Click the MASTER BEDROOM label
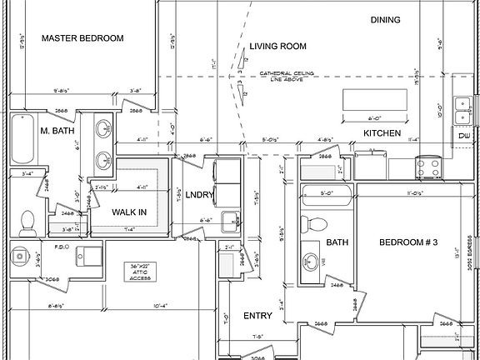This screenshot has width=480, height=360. (x=82, y=38)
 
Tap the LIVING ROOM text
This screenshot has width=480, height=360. (x=277, y=47)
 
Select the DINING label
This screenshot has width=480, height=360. (x=385, y=20)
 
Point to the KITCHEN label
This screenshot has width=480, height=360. (x=382, y=133)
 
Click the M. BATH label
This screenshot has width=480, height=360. (x=57, y=131)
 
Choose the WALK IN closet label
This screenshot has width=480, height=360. (x=129, y=212)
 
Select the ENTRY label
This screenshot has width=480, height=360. (x=257, y=316)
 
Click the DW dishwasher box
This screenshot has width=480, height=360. (x=463, y=136)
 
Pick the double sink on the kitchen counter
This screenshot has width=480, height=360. (x=462, y=108)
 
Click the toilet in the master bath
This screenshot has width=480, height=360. (x=27, y=221)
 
